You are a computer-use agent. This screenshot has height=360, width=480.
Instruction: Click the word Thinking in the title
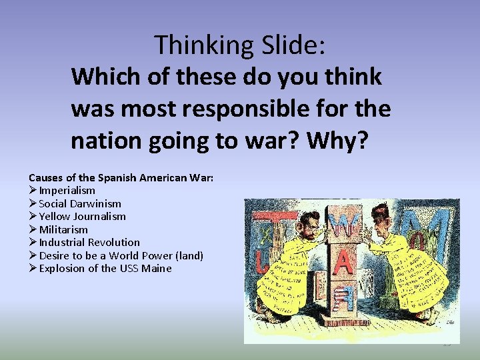tap(198, 45)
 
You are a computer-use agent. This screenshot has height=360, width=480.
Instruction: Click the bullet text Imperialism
tap(67, 191)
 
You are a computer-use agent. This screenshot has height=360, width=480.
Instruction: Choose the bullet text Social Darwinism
tap(80, 203)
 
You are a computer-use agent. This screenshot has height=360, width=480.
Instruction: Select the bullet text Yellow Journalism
tap(82, 217)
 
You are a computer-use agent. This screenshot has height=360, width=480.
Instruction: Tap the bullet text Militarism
tap(63, 229)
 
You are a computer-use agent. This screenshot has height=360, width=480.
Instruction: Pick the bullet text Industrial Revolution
tap(89, 243)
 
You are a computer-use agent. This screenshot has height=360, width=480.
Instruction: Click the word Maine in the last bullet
tap(157, 269)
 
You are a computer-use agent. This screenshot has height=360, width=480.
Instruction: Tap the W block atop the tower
tap(345, 225)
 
